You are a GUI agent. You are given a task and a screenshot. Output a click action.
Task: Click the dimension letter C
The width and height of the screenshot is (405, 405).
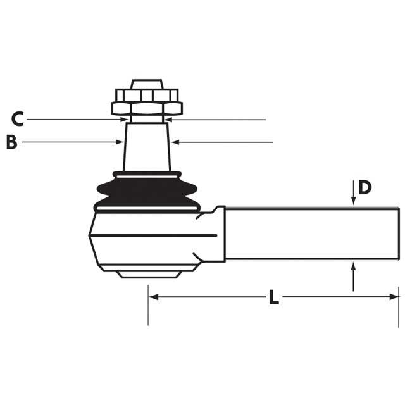[18, 119]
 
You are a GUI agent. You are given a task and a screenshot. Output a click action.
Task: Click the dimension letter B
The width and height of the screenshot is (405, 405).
[11, 142]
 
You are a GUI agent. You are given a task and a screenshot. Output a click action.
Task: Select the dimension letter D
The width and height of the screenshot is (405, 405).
[364, 187]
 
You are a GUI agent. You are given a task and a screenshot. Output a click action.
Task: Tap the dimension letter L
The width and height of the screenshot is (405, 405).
[273, 297]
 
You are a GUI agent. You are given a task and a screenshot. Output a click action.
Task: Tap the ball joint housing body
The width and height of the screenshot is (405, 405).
[146, 240]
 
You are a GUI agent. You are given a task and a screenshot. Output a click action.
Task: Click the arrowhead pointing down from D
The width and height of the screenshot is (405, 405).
[353, 201]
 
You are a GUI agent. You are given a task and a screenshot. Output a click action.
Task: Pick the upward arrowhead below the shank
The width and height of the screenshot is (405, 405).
[353, 266]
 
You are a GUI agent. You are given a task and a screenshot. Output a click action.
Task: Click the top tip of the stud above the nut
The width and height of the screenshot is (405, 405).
[147, 82]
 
